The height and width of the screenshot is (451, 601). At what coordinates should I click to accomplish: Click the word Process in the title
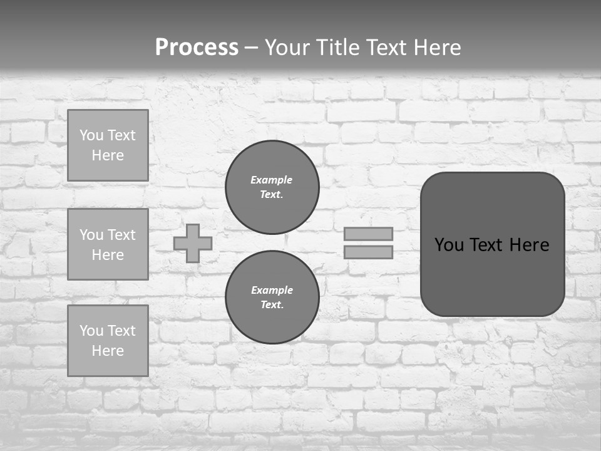(197, 48)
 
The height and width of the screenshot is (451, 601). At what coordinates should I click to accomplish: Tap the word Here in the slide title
(435, 48)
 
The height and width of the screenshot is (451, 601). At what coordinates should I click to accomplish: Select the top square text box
(108, 145)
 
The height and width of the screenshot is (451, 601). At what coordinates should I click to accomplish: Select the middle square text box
(108, 244)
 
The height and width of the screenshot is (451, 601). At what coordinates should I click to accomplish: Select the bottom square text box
(108, 340)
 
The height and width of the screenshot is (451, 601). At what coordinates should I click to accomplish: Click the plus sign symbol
(193, 243)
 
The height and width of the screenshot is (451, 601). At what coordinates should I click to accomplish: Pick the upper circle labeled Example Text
(272, 187)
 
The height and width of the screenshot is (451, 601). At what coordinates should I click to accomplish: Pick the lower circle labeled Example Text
(272, 298)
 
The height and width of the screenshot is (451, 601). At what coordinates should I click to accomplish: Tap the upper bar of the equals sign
(368, 234)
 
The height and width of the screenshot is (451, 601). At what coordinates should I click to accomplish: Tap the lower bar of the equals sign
(368, 252)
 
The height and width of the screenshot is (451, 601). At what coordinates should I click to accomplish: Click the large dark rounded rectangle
(492, 276)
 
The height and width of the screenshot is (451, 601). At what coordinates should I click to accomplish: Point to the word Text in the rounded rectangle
(491, 245)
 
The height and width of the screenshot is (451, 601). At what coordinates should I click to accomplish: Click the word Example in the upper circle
(272, 180)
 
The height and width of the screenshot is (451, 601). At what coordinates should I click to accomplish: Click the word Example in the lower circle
(272, 290)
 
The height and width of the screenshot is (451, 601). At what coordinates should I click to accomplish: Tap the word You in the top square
(91, 135)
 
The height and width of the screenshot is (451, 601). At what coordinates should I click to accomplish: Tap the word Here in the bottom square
(108, 351)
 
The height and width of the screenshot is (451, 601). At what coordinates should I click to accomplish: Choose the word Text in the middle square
(122, 235)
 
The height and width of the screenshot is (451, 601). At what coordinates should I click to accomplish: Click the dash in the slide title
(251, 48)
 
